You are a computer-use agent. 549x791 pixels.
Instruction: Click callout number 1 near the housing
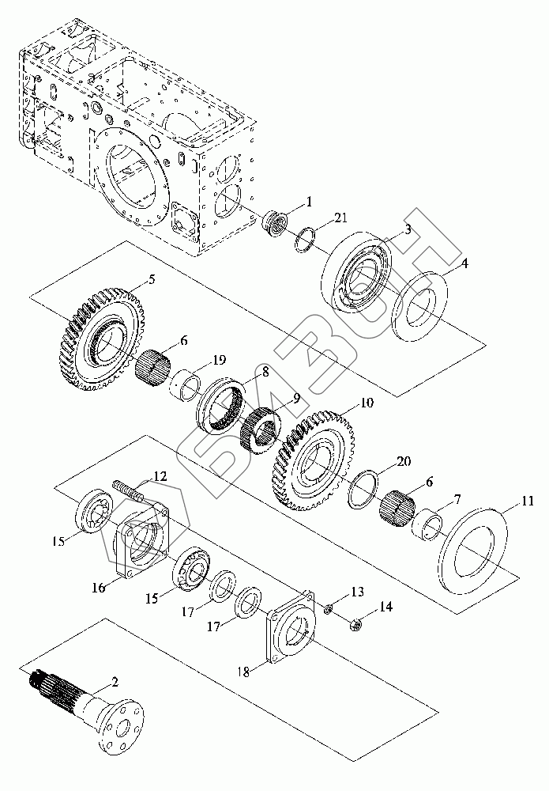click(x=309, y=202)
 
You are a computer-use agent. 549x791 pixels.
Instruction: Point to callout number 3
click(x=408, y=229)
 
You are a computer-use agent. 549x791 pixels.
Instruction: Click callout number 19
click(x=219, y=360)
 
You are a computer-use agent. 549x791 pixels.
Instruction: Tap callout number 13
click(x=357, y=592)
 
